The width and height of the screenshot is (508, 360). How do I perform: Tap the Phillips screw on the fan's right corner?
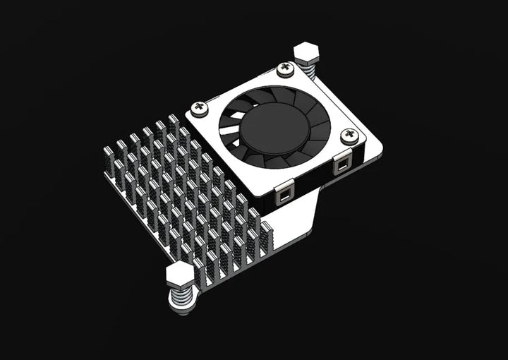click(348, 135)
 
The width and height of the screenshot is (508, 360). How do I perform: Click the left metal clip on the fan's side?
click(285, 192)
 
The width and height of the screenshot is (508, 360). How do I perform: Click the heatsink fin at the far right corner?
click(266, 236)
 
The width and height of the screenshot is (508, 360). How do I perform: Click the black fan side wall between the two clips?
click(314, 181)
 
